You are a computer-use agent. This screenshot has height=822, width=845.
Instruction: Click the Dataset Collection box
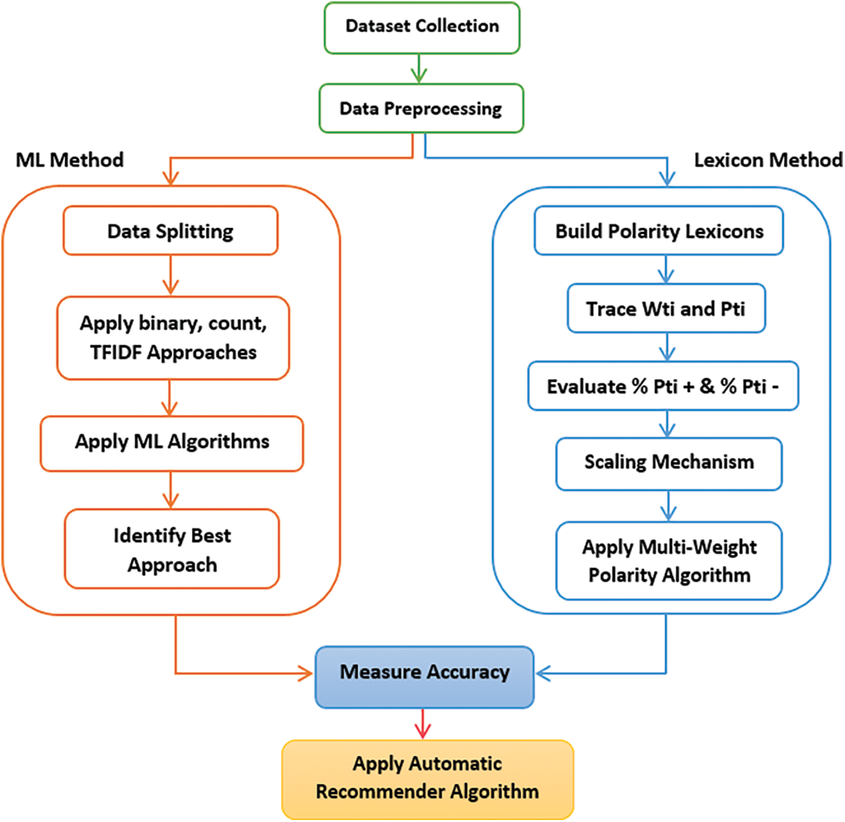click(x=421, y=28)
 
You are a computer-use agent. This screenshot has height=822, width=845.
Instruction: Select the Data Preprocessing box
click(x=421, y=108)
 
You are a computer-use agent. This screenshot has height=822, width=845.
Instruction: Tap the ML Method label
click(x=70, y=160)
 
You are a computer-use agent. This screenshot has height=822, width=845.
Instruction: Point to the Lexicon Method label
click(x=768, y=160)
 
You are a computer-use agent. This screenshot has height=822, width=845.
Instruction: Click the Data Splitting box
click(x=170, y=231)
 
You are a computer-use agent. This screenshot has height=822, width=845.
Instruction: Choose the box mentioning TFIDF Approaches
click(x=173, y=338)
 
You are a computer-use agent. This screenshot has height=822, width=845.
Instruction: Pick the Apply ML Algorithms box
click(x=172, y=442)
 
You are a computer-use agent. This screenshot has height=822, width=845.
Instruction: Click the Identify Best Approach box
click(x=172, y=549)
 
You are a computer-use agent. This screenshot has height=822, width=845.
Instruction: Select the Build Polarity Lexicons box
click(x=658, y=231)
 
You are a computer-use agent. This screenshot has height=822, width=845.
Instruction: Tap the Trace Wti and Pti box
click(x=666, y=309)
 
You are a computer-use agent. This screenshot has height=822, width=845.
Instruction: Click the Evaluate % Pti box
click(x=663, y=386)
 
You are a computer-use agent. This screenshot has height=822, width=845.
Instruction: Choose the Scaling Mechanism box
click(x=669, y=463)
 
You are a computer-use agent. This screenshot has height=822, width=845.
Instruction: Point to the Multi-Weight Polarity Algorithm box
click(x=669, y=561)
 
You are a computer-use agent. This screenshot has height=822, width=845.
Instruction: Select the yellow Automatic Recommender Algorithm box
click(x=428, y=779)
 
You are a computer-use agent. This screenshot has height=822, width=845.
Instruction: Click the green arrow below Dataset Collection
click(x=419, y=69)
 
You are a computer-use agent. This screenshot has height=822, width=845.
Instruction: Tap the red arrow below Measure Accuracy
click(x=423, y=724)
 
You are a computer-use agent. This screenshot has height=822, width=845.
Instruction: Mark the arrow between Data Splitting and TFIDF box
click(x=170, y=275)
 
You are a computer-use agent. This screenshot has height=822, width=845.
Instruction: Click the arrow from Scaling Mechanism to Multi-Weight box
click(x=668, y=506)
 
